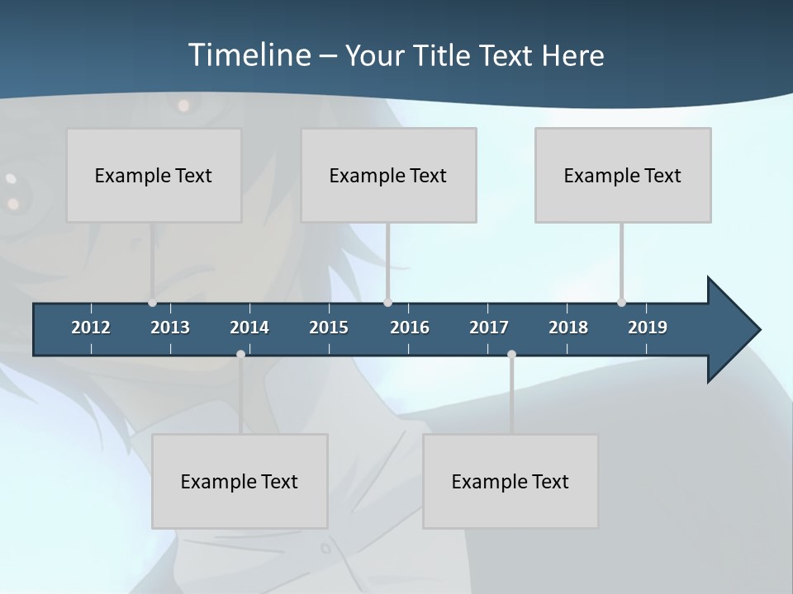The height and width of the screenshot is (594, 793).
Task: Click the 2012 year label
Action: pyautogui.click(x=91, y=328)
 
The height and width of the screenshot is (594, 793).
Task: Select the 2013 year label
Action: pyautogui.click(x=170, y=328)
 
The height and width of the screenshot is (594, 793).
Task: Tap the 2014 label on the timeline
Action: pyautogui.click(x=249, y=328)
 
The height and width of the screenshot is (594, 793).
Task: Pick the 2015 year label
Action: pyautogui.click(x=329, y=328)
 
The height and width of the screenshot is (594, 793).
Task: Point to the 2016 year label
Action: pyautogui.click(x=410, y=328)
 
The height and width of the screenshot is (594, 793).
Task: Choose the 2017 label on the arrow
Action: pyautogui.click(x=489, y=328)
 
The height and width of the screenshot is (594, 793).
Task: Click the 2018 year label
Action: pyautogui.click(x=568, y=328)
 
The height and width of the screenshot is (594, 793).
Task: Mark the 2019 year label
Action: pyautogui.click(x=648, y=328)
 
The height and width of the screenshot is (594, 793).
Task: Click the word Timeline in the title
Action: pyautogui.click(x=249, y=55)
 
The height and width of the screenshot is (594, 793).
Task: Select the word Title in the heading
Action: pyautogui.click(x=443, y=55)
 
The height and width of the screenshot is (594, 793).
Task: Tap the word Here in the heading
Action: pyautogui.click(x=572, y=55)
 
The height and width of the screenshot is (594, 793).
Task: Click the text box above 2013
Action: pyautogui.click(x=154, y=175)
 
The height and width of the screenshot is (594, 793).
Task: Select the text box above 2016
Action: pyautogui.click(x=388, y=175)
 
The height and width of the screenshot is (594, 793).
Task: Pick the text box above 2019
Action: pyautogui.click(x=623, y=175)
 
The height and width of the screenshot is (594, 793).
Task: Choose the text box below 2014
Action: pyautogui.click(x=240, y=481)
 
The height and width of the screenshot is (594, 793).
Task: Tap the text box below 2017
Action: pyautogui.click(x=510, y=481)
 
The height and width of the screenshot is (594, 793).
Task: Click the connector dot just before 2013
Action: pyautogui.click(x=152, y=303)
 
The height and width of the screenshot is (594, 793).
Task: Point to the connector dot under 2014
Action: pyautogui.click(x=240, y=354)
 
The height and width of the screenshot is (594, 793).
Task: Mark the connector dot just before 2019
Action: pyautogui.click(x=621, y=303)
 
